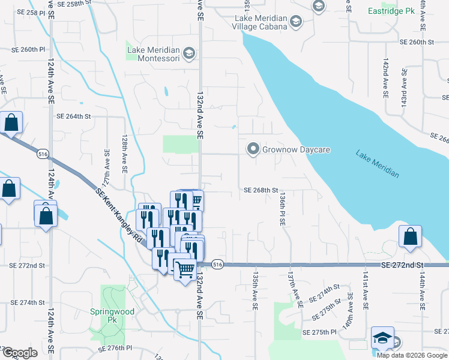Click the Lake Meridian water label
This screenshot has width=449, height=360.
(x=377, y=163)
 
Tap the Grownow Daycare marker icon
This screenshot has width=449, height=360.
(x=253, y=149)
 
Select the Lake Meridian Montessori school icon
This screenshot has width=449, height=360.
(x=189, y=53)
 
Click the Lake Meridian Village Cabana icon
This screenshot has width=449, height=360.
(x=296, y=23)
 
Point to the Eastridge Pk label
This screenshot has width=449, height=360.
(x=393, y=11)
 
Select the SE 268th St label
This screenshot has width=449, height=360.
(x=261, y=190)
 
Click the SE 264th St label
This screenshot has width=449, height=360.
(x=73, y=116)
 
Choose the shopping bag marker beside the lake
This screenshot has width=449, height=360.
(x=410, y=236)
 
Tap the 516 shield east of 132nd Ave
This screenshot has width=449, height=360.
(x=217, y=265)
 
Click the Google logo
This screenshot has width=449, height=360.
(x=20, y=353)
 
